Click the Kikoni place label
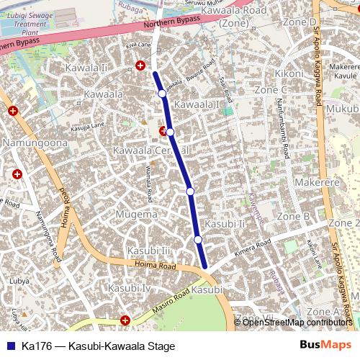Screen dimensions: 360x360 click(x=289, y=73)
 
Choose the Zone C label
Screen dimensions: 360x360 click(x=271, y=90)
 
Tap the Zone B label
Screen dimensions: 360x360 click(x=293, y=216)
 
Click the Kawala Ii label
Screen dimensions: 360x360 click(x=105, y=68)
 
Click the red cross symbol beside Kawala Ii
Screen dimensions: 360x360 click(x=140, y=66)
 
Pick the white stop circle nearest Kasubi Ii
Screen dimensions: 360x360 click(x=197, y=239)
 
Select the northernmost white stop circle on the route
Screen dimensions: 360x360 click(x=162, y=94)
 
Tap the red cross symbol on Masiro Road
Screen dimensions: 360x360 click(x=125, y=320)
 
